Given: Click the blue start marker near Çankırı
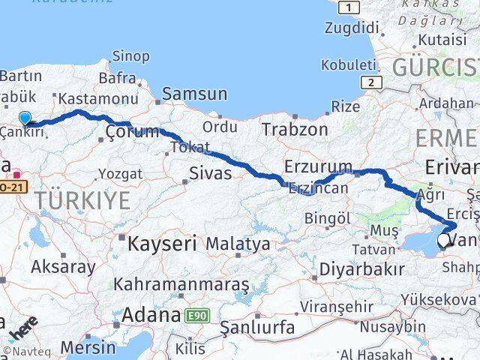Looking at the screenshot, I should point(25,118).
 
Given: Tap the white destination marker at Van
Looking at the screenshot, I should point(444,241).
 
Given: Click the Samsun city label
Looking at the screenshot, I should point(194,94).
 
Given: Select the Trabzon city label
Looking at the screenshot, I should point(295,129).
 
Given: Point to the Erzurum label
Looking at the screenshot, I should point(318,166).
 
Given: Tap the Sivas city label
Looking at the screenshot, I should point(209,174).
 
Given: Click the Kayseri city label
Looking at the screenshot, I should point(161,244).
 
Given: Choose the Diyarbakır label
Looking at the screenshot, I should point(362,268).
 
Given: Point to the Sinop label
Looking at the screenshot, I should point(130,55).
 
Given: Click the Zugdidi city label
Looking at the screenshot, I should point(352,28).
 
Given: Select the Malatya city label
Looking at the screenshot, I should point(238,244).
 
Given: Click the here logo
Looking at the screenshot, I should point(24,328).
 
